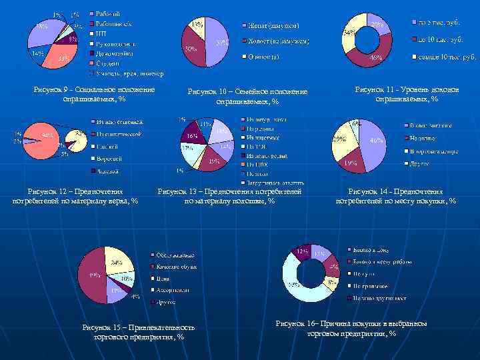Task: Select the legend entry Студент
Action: coord(108,65)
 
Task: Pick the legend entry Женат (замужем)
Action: coord(271,25)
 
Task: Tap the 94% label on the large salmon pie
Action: coord(48,135)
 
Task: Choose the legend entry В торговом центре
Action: coord(436,151)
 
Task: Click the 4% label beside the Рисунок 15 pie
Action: coord(136,297)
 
